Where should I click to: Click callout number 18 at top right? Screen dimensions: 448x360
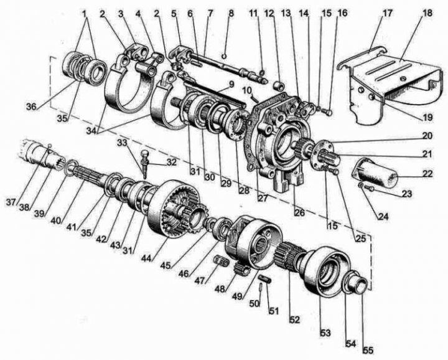[x=427, y=13]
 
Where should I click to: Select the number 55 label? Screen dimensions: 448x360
[x=368, y=350]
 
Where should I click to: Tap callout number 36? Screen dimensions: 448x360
[x=32, y=107]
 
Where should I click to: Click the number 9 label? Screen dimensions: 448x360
[x=231, y=84]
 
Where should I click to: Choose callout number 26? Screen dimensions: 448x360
[x=299, y=213]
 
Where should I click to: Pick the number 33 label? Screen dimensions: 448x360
[x=123, y=142]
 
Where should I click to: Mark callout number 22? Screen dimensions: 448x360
[x=427, y=174]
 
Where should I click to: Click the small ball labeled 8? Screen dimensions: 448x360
[x=225, y=56]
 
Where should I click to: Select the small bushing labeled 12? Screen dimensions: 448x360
[x=279, y=86]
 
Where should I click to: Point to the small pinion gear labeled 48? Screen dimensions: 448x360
[x=241, y=269]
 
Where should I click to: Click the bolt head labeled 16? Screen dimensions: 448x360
[x=329, y=113]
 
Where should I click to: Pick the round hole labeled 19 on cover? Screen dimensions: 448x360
[x=371, y=98]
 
